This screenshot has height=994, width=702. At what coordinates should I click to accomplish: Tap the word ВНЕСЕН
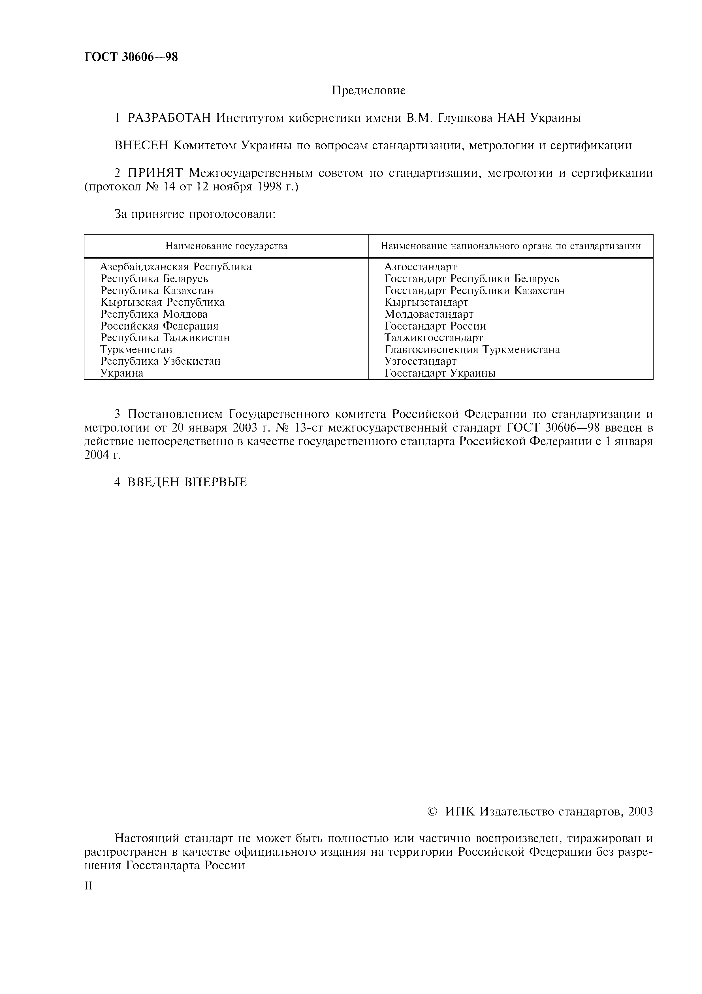pyautogui.click(x=141, y=146)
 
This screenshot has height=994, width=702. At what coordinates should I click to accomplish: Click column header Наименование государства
pyautogui.click(x=226, y=246)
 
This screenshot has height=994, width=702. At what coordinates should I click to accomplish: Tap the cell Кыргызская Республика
pyautogui.click(x=163, y=302)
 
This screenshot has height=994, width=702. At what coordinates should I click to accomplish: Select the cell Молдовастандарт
pyautogui.click(x=429, y=314)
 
